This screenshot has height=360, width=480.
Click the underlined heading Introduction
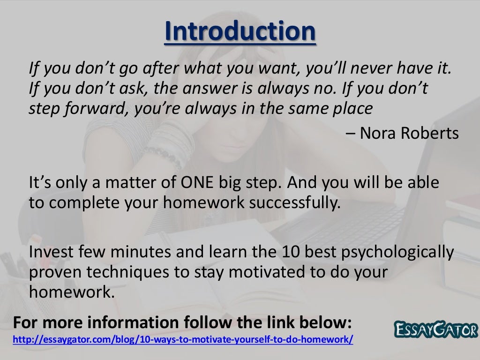[240, 31]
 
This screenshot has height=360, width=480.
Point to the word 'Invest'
[50, 253]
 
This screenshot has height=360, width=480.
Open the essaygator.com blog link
[183, 339]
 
